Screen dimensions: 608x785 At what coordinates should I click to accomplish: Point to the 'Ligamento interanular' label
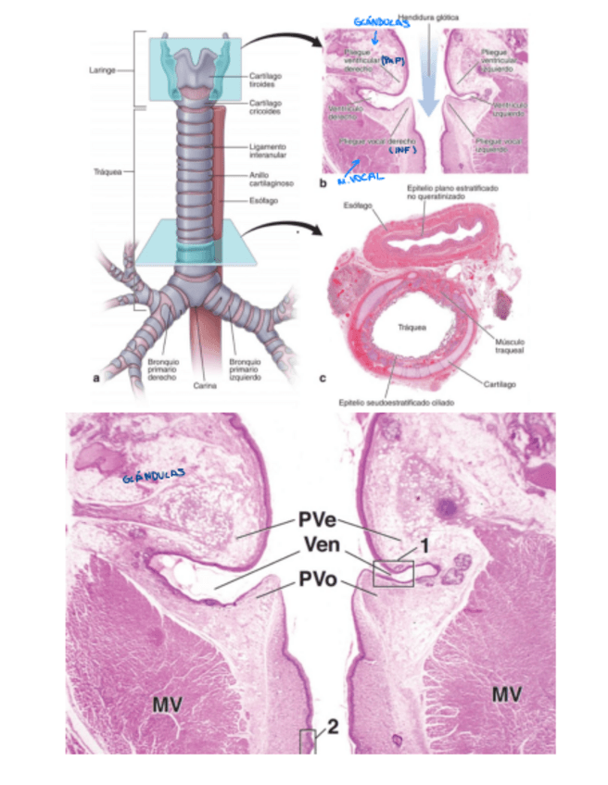coord(268,150)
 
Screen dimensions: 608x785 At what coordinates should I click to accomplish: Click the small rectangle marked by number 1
coord(393,573)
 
